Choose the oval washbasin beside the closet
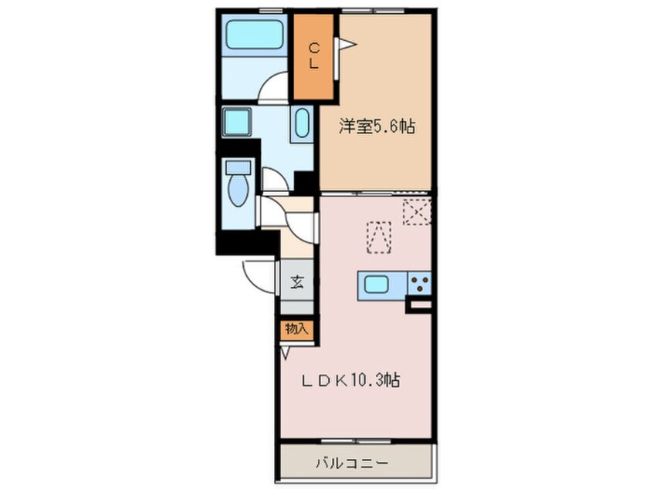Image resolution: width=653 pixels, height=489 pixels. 301,124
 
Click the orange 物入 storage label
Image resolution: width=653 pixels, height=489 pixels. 296,329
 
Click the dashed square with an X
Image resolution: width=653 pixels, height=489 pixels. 415,211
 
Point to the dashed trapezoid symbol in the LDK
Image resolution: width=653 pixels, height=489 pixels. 379,237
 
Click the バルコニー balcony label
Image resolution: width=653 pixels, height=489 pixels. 352,464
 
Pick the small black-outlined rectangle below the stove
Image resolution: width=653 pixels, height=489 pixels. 421,307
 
